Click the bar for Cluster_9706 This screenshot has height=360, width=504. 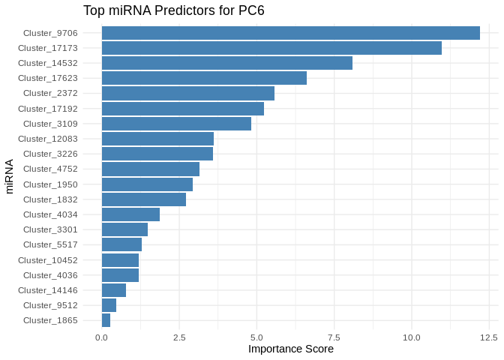(290, 33)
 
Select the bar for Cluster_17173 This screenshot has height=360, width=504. (271, 48)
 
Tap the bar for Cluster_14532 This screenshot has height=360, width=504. (226, 63)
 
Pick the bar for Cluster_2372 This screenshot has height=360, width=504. (187, 93)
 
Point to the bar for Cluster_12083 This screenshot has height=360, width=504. (157, 139)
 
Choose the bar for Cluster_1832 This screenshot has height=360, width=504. (143, 199)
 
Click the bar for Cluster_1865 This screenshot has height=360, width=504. (106, 320)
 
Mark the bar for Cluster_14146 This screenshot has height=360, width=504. (113, 290)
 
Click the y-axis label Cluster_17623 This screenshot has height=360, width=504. (48, 78)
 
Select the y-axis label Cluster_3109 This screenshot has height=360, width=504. (50, 124)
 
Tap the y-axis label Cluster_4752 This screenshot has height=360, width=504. (50, 169)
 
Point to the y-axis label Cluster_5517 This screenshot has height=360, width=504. (50, 244)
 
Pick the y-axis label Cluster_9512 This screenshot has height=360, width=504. (50, 305)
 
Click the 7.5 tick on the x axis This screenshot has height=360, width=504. (334, 337)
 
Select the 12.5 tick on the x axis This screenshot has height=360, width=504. (489, 337)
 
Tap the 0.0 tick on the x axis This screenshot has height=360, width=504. (102, 337)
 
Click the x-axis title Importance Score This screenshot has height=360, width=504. (291, 349)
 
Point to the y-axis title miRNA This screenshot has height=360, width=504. (10, 176)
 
